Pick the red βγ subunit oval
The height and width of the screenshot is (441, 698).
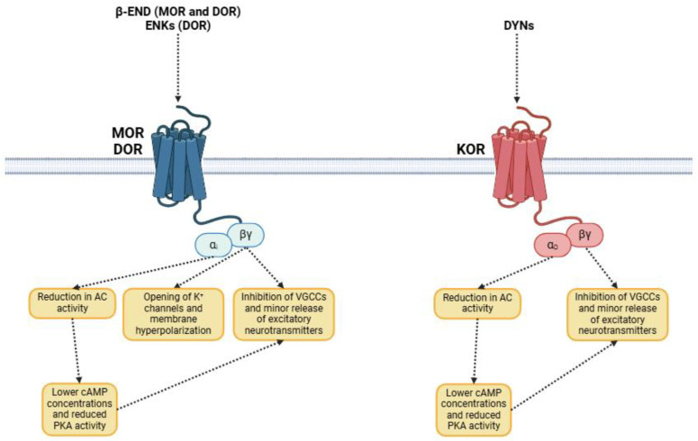point(585,236)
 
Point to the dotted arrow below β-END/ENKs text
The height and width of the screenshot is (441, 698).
point(178,67)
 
